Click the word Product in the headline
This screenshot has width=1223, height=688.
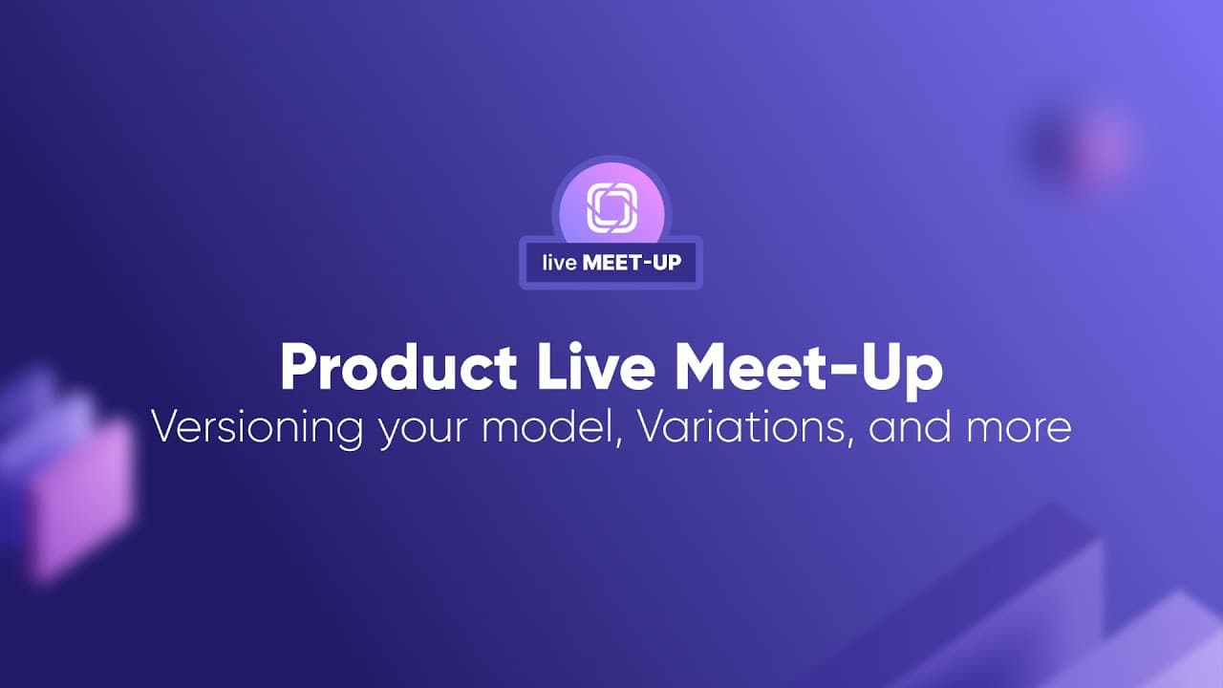click(x=398, y=368)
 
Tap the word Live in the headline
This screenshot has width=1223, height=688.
click(x=596, y=366)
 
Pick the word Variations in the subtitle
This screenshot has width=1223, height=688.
click(x=740, y=427)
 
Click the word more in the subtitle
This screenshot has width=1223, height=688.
click(x=1019, y=431)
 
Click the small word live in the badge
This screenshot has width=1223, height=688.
click(x=559, y=263)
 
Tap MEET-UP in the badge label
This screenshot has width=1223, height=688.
click(x=632, y=263)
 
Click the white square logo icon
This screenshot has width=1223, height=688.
click(x=612, y=208)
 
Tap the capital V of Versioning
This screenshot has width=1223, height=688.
click(x=170, y=427)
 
